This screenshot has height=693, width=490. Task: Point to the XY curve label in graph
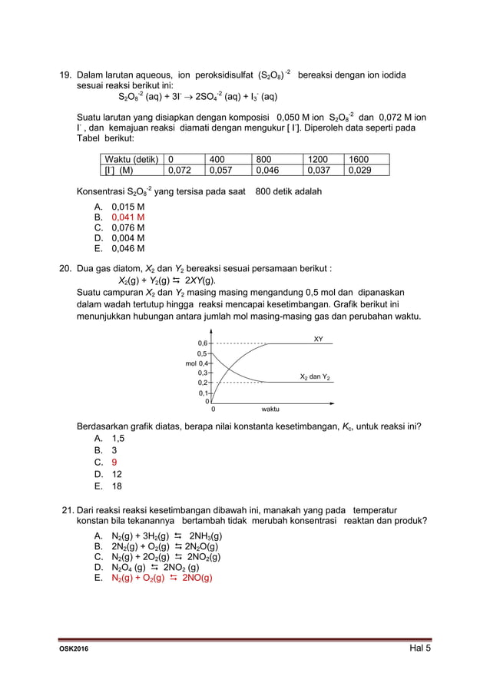319,339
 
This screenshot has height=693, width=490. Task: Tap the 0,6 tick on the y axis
202,343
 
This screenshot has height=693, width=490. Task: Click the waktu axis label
270,409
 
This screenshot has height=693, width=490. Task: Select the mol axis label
190,363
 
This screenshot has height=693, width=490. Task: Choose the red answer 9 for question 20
114,463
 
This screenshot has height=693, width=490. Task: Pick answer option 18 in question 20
117,486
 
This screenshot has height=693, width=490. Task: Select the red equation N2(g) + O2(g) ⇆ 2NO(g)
162,579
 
